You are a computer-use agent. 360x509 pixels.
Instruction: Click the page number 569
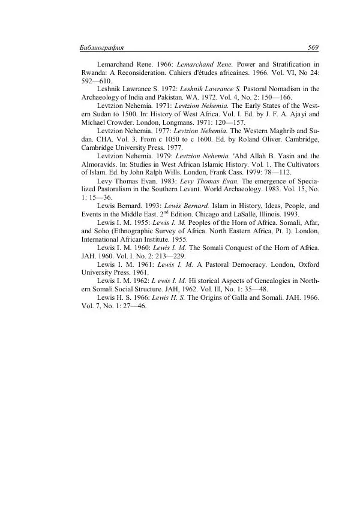point(312,47)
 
